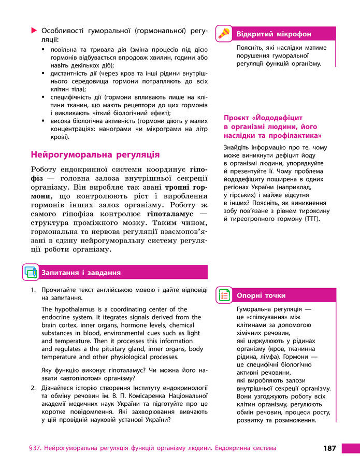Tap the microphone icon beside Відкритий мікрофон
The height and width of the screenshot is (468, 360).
coord(223,34)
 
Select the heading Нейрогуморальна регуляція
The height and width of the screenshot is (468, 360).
coord(95,154)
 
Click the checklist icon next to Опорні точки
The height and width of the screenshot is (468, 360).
coord(224,295)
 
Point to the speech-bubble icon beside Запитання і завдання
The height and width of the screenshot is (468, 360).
coord(31,272)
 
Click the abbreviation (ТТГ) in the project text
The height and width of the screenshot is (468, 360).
coord(309,218)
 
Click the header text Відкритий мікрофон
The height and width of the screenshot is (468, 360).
coord(273,34)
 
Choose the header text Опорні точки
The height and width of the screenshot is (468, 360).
coord(261,295)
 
